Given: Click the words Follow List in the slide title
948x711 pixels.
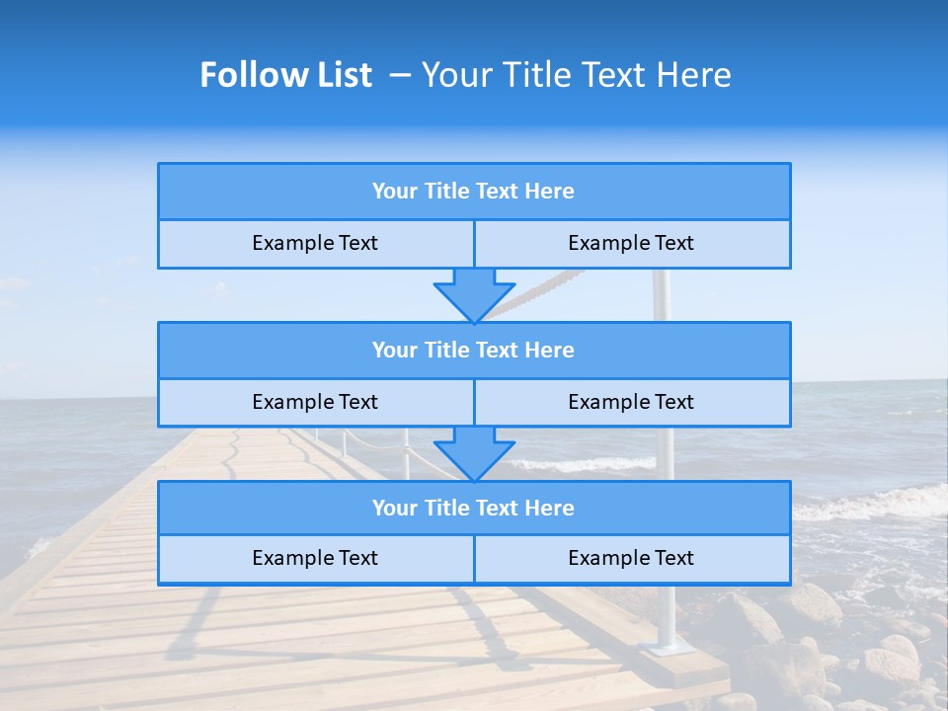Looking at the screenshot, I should point(285,75).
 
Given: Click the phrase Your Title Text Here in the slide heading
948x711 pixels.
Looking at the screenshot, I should point(577,75).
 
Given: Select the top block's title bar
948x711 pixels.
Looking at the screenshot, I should point(474,192).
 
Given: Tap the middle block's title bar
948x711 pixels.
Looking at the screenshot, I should point(474,351).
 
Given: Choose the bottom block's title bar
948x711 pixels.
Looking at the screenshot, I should point(474,509).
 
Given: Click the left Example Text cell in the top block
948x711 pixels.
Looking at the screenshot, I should point(315,243).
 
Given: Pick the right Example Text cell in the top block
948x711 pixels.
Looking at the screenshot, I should point(631,243).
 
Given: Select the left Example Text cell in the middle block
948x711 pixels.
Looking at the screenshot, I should point(315,402).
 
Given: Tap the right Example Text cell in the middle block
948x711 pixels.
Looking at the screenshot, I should point(631,402).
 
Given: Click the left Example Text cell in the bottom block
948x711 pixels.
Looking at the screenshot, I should point(315,558).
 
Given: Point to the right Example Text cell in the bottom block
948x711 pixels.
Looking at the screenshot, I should point(631,558).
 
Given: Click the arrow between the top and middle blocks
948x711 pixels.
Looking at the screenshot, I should point(474,294).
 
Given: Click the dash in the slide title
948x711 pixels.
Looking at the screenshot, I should point(400,75).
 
